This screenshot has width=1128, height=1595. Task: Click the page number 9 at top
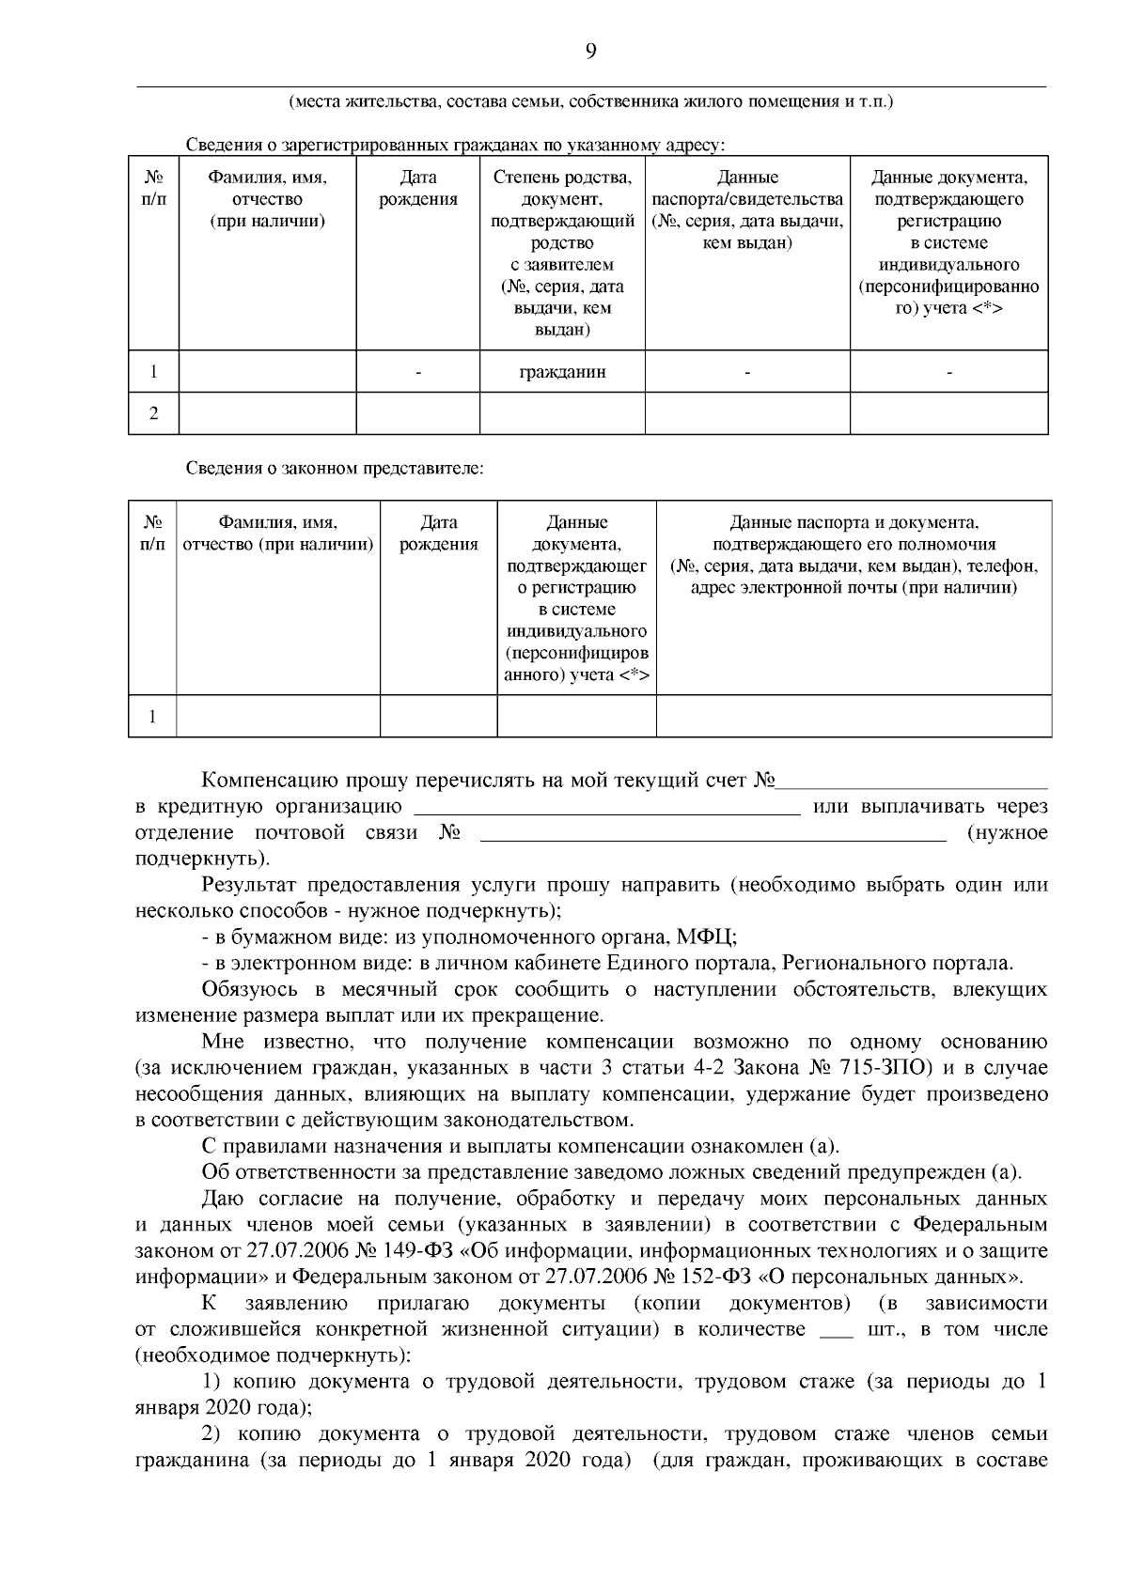pyautogui.click(x=590, y=52)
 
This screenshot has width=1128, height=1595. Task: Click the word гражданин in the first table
pyautogui.click(x=562, y=372)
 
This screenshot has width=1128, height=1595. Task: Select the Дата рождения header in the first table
pyautogui.click(x=417, y=188)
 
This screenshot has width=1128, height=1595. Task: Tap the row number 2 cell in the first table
pyautogui.click(x=153, y=413)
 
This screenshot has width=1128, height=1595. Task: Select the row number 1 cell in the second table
pyautogui.click(x=152, y=717)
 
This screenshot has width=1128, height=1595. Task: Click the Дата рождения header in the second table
pyautogui.click(x=438, y=534)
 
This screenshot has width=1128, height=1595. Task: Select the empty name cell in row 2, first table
pyautogui.click(x=267, y=413)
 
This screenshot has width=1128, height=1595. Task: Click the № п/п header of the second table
pyautogui.click(x=152, y=534)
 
